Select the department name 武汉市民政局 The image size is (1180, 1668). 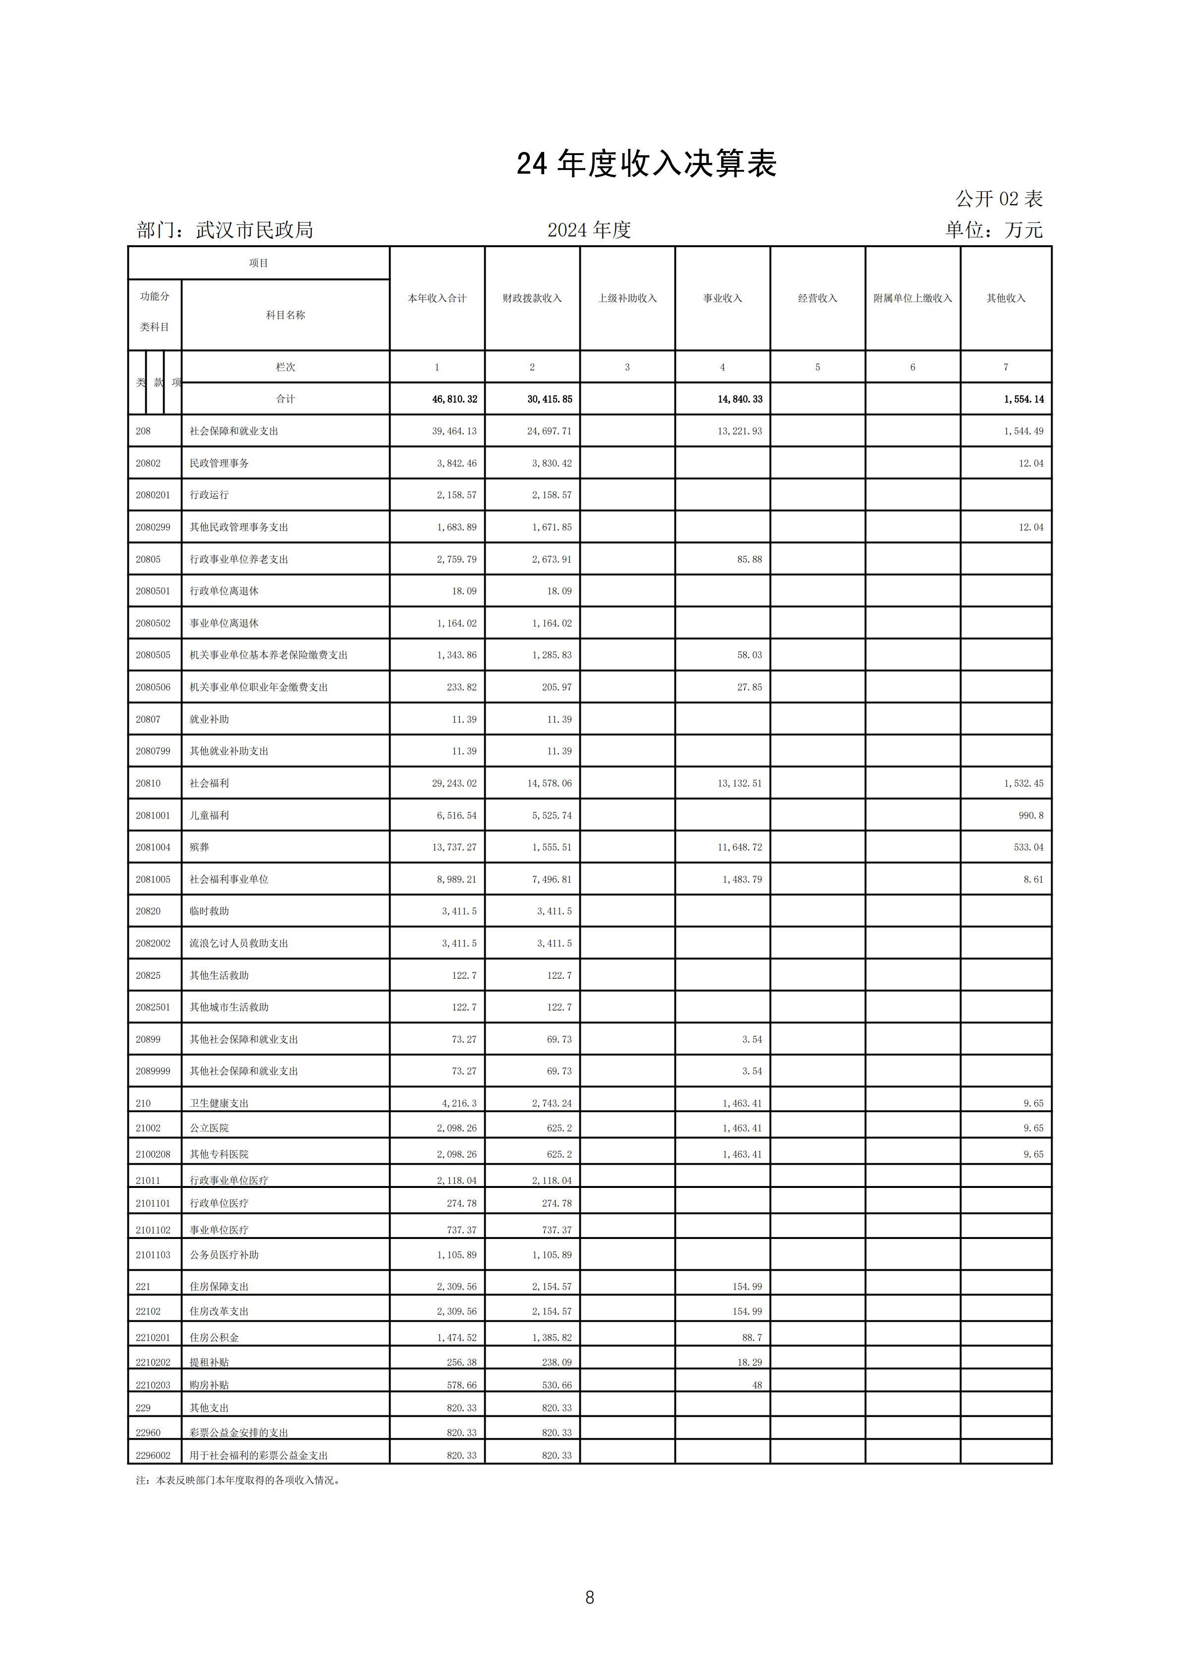click(254, 230)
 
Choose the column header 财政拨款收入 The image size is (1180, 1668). click(532, 299)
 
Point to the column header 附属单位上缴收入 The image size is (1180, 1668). click(912, 299)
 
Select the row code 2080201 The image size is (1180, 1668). click(153, 495)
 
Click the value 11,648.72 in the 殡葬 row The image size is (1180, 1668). click(741, 847)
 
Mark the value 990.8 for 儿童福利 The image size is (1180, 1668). click(1030, 815)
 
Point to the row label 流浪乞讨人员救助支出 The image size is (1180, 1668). click(239, 943)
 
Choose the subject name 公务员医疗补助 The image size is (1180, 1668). click(224, 1255)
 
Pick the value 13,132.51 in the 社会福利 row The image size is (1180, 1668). click(740, 783)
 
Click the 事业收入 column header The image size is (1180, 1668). click(722, 299)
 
